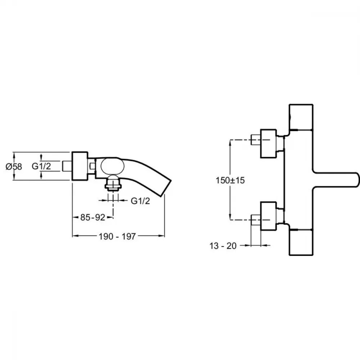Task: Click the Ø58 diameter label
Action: pyautogui.click(x=14, y=166)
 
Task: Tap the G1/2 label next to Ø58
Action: pyautogui.click(x=41, y=166)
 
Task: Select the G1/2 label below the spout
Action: pyautogui.click(x=140, y=201)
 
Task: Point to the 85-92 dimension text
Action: pyautogui.click(x=93, y=217)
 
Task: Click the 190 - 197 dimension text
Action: pyautogui.click(x=117, y=236)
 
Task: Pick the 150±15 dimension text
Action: pyautogui.click(x=230, y=180)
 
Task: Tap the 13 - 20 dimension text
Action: pyautogui.click(x=223, y=246)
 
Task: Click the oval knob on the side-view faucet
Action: pyautogui.click(x=112, y=166)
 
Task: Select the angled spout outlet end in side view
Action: pyautogui.click(x=166, y=188)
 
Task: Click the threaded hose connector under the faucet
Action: pyautogui.click(x=113, y=183)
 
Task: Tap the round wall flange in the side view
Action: pyautogui.click(x=80, y=166)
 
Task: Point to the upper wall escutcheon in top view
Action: pyautogui.click(x=269, y=144)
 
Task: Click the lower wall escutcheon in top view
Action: pyautogui.click(x=269, y=216)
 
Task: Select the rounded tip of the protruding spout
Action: pyautogui.click(x=356, y=180)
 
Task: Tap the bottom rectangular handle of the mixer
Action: pyautogui.click(x=301, y=242)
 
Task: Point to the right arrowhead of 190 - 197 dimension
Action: pyautogui.click(x=162, y=236)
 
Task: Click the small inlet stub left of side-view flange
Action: pyautogui.click(x=67, y=166)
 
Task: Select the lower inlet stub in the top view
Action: pyautogui.click(x=256, y=220)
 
